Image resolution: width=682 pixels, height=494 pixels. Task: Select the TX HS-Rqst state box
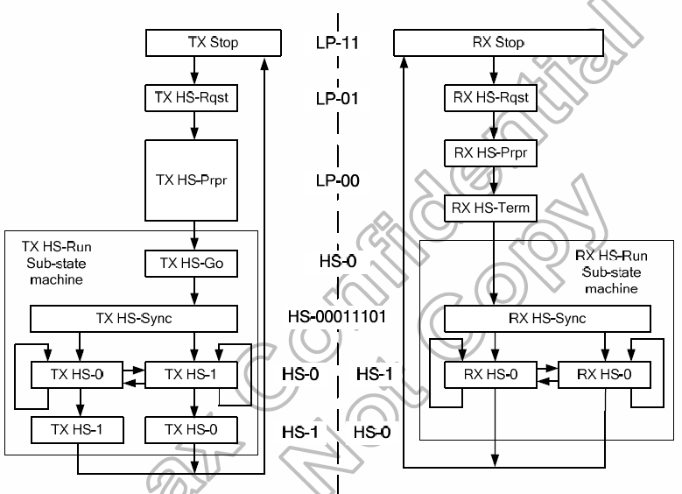pyautogui.click(x=190, y=97)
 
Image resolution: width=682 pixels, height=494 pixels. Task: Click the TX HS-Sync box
pyautogui.click(x=134, y=318)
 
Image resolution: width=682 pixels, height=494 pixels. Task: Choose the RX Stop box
pyautogui.click(x=496, y=41)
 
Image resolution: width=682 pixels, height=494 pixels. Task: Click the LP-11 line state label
pyautogui.click(x=338, y=41)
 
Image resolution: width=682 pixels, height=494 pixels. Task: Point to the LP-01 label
pyautogui.click(x=338, y=97)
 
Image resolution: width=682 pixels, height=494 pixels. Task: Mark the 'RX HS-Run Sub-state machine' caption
pyautogui.click(x=612, y=271)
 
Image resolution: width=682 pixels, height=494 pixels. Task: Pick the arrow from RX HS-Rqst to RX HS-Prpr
pyautogui.click(x=495, y=124)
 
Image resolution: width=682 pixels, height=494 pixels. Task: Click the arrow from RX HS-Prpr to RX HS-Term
pyautogui.click(x=495, y=180)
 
